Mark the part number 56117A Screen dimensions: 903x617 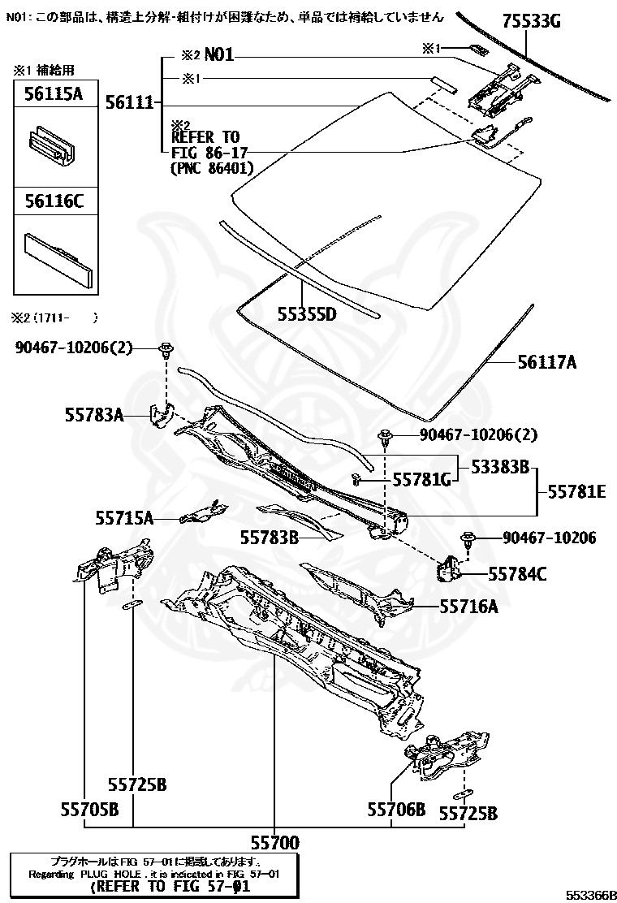(546, 363)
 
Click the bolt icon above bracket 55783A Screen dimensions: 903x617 (166, 350)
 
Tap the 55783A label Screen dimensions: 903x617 (94, 415)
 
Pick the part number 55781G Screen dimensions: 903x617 (421, 480)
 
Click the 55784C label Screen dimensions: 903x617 (517, 574)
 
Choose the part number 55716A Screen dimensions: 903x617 (468, 606)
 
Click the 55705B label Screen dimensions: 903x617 (89, 809)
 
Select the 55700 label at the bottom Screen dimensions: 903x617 (274, 842)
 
